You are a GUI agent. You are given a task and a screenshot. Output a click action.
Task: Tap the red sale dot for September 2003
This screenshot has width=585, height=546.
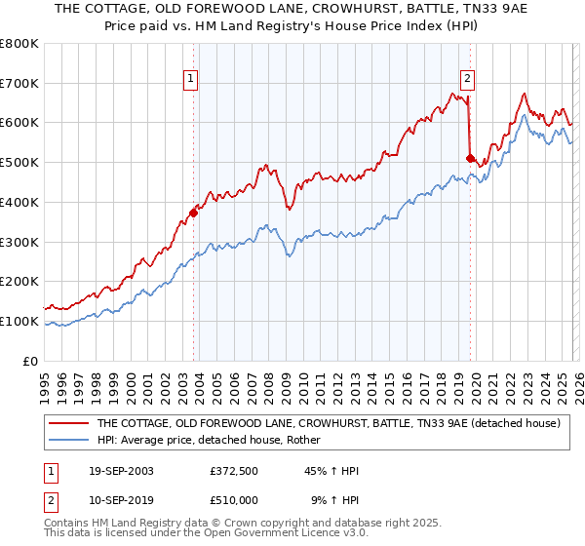(193, 214)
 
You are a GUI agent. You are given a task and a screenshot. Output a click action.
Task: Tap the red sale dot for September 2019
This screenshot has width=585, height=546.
(469, 158)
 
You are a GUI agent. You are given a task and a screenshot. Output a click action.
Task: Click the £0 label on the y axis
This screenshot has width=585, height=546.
(29, 361)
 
